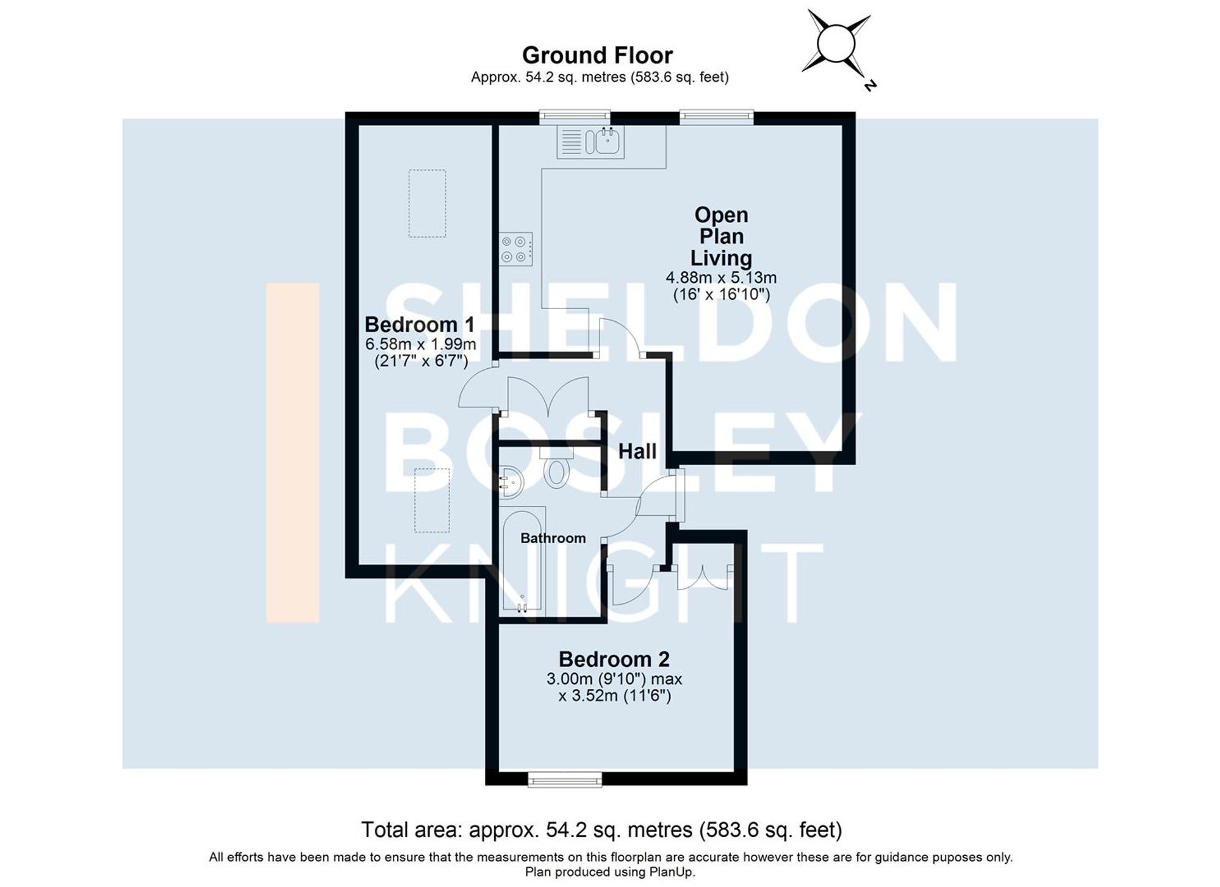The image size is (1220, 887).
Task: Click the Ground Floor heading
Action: coord(597,55)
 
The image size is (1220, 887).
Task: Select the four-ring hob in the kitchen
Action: coord(515,249)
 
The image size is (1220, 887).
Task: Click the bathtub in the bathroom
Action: coord(522,560)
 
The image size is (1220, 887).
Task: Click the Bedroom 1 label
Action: coord(419,324)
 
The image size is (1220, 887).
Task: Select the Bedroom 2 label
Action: coord(614,659)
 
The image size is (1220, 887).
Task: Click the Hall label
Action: coord(637,452)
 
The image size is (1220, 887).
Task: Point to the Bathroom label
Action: coord(553,538)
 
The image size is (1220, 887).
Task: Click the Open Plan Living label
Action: coord(721,237)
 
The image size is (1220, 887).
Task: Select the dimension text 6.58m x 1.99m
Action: coord(420,344)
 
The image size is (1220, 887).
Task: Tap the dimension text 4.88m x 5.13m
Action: coord(721,278)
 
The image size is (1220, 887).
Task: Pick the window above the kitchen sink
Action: coord(575,116)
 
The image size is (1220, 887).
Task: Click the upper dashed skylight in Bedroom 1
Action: coord(427,203)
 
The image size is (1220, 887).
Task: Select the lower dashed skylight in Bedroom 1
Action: coord(432,500)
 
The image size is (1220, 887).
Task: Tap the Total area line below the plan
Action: coord(601,830)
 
